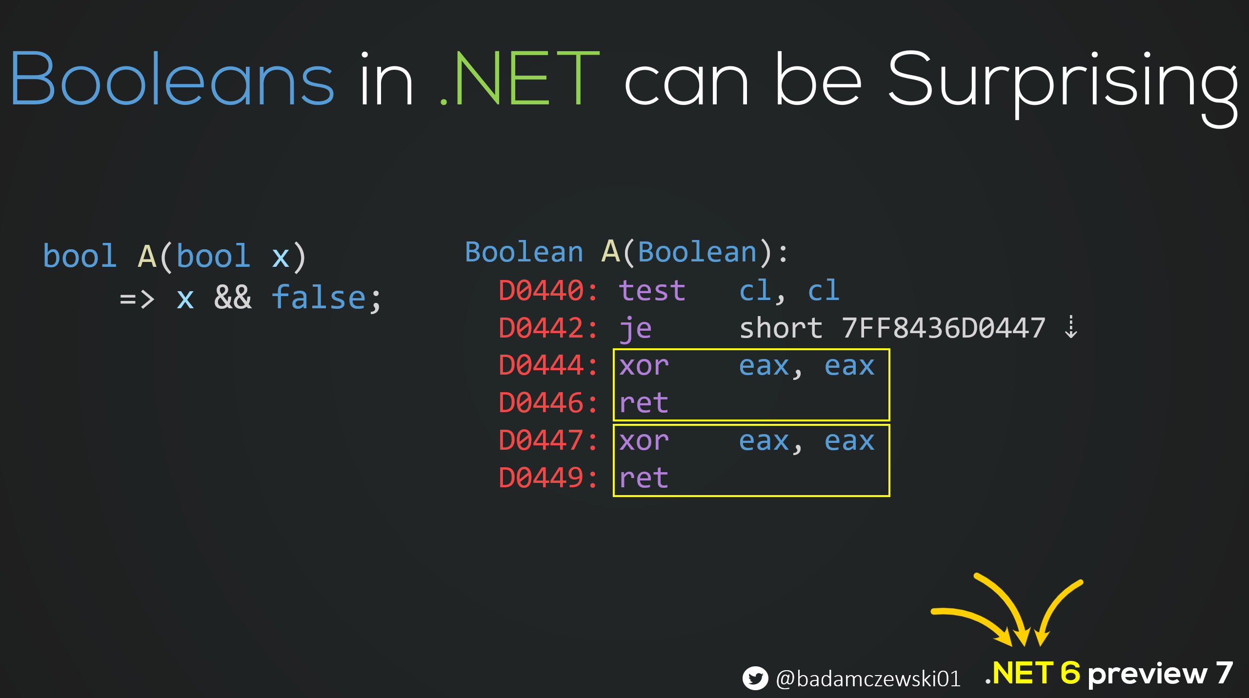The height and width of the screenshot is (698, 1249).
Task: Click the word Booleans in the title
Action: [x=172, y=78]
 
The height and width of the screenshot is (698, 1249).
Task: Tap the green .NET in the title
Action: [x=519, y=78]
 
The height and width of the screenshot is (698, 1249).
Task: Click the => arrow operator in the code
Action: [x=137, y=299]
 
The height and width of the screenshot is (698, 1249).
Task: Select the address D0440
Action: [x=541, y=291]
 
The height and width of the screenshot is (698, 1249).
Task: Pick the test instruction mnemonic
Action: [x=652, y=291]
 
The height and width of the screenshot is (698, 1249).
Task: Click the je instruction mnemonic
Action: [x=635, y=329]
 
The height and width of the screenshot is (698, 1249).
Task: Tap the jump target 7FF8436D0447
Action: [x=944, y=328]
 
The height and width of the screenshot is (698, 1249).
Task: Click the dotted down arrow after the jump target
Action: [x=1071, y=327]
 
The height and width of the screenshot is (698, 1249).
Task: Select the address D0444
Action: [x=541, y=365]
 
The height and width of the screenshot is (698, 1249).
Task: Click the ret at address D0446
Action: [x=644, y=403]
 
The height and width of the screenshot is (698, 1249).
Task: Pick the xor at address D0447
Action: [x=644, y=441]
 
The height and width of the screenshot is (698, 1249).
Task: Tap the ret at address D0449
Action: [x=644, y=478]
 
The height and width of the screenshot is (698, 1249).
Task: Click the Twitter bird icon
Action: [x=755, y=678]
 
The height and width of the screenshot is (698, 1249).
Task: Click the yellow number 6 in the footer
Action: [x=1070, y=673]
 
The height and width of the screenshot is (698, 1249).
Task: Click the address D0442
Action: [x=541, y=328]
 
